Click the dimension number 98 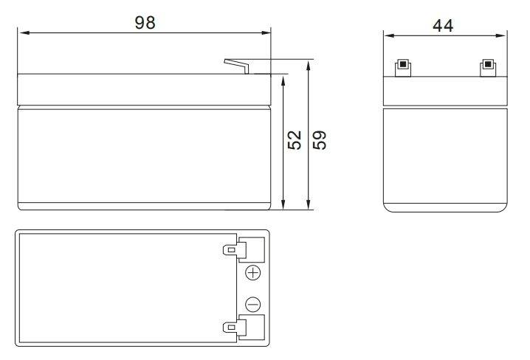pyautogui.click(x=145, y=23)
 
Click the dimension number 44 pyautogui.click(x=443, y=26)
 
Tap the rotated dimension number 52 pyautogui.click(x=295, y=140)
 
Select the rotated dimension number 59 pyautogui.click(x=320, y=140)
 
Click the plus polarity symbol pyautogui.click(x=253, y=272)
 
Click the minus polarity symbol pyautogui.click(x=253, y=305)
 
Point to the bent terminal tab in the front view pyautogui.click(x=237, y=65)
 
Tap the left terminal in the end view pyautogui.click(x=403, y=69)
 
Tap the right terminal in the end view pyautogui.click(x=488, y=69)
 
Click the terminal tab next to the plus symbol pyautogui.click(x=231, y=250)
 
